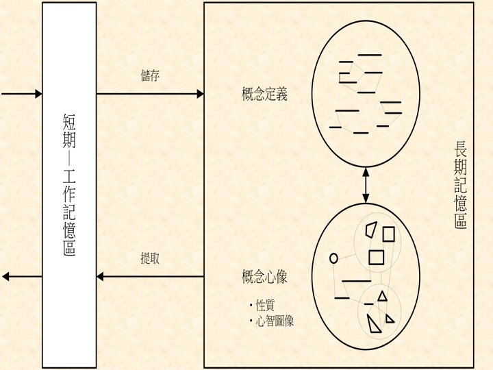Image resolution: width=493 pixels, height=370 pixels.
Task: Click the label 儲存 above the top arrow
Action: (x=150, y=75)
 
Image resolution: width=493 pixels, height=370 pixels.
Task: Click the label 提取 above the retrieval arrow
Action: (x=150, y=259)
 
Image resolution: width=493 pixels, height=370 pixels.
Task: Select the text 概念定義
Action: (x=264, y=94)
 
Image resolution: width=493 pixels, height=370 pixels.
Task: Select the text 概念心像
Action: (x=264, y=277)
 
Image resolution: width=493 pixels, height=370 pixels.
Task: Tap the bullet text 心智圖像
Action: (x=275, y=320)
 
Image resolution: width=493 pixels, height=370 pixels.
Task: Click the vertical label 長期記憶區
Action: (x=460, y=185)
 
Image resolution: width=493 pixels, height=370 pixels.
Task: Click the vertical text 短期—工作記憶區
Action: (x=69, y=185)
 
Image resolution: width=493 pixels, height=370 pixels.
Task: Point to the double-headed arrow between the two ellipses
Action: (x=366, y=185)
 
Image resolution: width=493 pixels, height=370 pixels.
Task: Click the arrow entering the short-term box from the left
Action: (x=21, y=94)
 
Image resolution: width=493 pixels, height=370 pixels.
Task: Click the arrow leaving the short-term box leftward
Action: (x=21, y=277)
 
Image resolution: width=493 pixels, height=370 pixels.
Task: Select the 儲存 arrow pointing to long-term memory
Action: (x=151, y=94)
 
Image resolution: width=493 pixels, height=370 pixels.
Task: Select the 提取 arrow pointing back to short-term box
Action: (x=151, y=277)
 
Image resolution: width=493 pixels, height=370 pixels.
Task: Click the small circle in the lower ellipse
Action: (x=334, y=258)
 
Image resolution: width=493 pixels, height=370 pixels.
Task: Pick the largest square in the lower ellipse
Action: (x=376, y=258)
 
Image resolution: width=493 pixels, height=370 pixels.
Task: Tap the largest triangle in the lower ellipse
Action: (x=373, y=323)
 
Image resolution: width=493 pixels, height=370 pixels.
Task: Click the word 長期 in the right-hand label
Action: (x=460, y=158)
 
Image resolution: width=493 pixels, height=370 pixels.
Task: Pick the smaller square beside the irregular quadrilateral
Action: (x=389, y=234)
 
